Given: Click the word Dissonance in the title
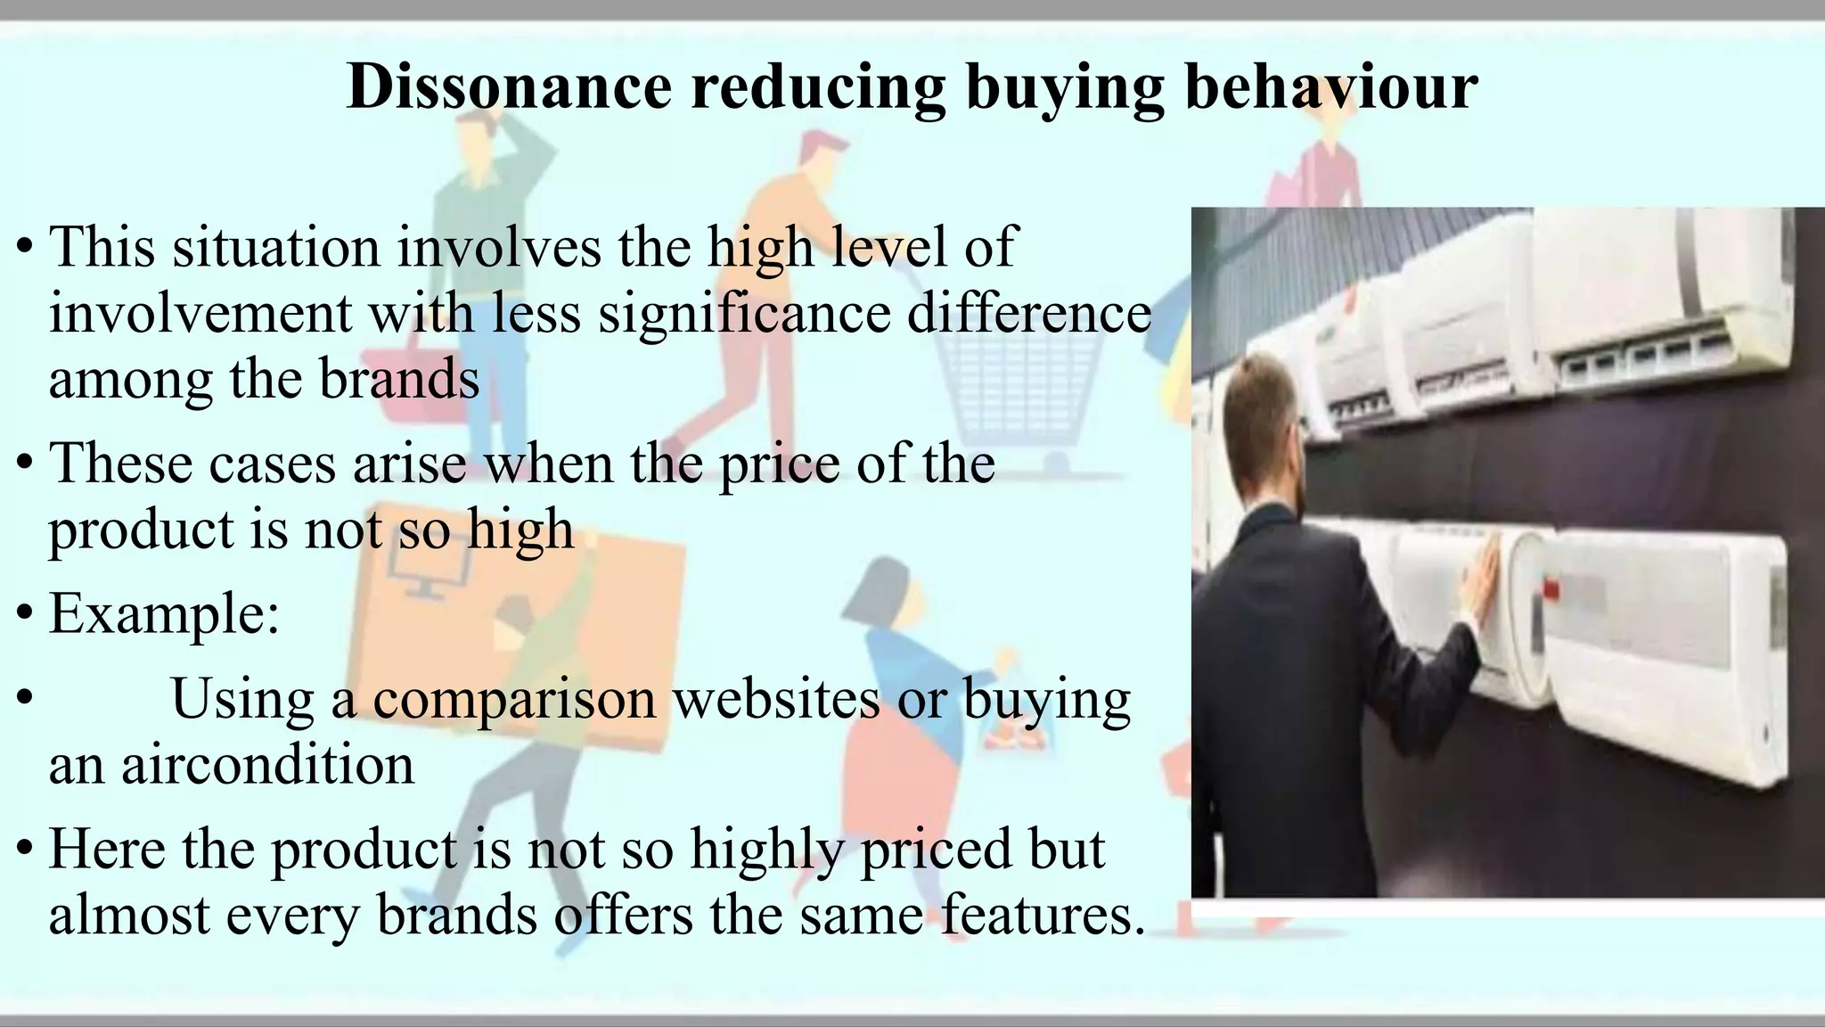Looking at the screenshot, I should (x=509, y=86).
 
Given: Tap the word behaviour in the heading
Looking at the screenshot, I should (x=1331, y=86).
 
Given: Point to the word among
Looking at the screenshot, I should (x=129, y=378).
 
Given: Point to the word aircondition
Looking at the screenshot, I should (x=267, y=764).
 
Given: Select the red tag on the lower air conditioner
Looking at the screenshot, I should (x=1551, y=589).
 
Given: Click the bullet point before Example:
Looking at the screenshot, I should (x=25, y=614).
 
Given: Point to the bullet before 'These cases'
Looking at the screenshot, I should (x=25, y=464).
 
